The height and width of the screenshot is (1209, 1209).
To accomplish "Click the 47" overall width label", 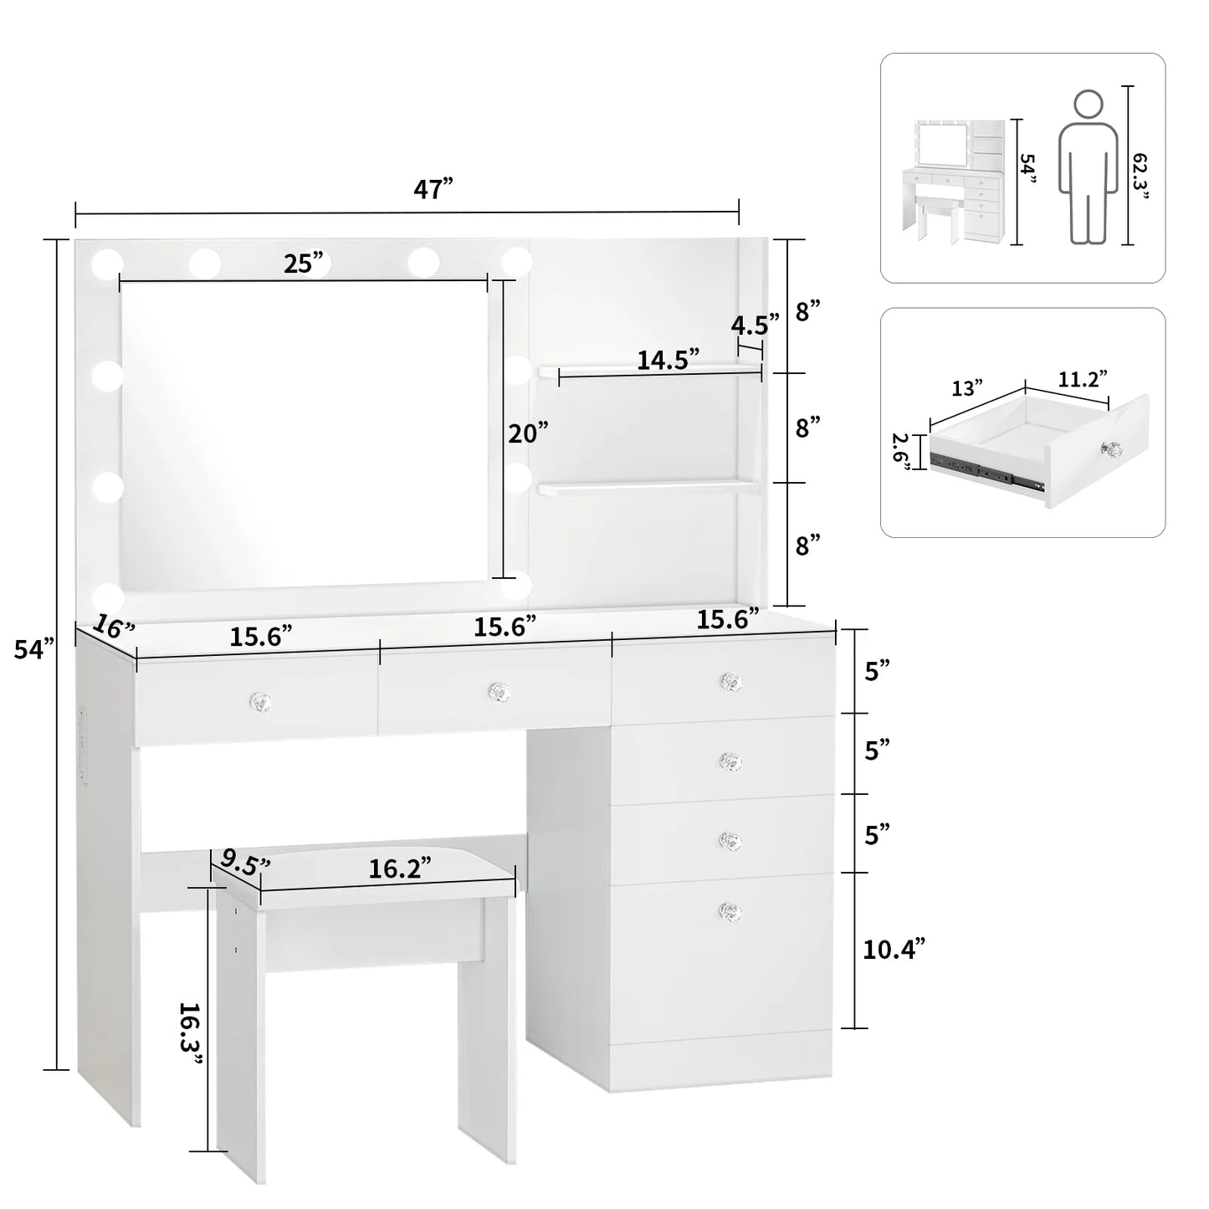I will [433, 189].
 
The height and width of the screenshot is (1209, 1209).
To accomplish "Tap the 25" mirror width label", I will [304, 264].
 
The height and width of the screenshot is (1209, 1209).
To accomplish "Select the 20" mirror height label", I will [529, 433].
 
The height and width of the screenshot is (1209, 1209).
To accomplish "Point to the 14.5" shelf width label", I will [668, 360].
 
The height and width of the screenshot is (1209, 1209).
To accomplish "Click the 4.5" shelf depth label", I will [755, 323].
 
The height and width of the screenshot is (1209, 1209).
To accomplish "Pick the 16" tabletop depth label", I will [114, 626].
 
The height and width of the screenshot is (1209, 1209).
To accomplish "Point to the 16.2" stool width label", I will [400, 868].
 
